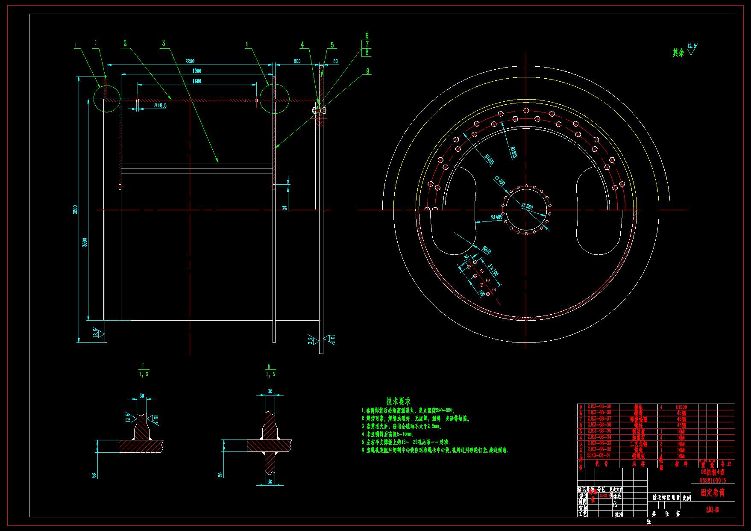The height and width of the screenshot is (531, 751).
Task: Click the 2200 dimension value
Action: click(x=190, y=61)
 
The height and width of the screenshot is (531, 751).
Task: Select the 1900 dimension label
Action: click(x=197, y=71)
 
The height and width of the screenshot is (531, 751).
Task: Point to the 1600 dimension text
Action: click(x=197, y=81)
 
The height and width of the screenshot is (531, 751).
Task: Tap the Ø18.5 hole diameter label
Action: click(x=160, y=106)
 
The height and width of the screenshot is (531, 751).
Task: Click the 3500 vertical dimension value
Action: click(x=76, y=209)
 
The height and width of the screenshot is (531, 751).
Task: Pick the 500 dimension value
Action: click(x=297, y=61)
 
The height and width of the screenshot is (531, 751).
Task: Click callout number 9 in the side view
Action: click(x=367, y=71)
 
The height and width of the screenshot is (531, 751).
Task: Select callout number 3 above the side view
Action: click(x=163, y=43)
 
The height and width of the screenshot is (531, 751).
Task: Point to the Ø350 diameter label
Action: click(x=527, y=207)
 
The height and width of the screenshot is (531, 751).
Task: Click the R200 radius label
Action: click(x=487, y=250)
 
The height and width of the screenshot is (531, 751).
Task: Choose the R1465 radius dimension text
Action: click(x=490, y=159)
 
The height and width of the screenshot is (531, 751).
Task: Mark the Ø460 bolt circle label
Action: click(x=499, y=181)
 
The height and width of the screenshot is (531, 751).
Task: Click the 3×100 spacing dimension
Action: click(x=493, y=270)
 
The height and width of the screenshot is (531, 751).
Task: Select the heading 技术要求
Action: click(x=398, y=401)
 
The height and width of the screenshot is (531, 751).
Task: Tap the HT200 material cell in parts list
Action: click(x=681, y=407)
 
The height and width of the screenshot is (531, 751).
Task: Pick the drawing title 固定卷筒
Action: click(x=712, y=493)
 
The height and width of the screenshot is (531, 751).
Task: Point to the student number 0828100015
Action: click(x=713, y=481)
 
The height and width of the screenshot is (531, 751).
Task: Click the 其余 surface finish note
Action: click(x=678, y=53)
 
